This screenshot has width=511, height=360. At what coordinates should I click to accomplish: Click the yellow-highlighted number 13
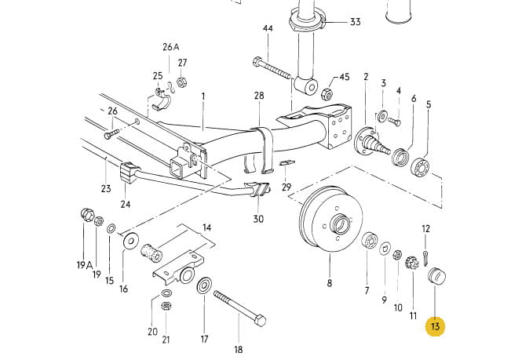point(436,325)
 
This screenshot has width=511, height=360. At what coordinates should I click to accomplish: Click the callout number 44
point(268,28)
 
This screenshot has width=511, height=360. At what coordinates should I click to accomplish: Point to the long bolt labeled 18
point(239,308)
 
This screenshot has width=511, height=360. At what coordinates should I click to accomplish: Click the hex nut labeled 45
point(327,94)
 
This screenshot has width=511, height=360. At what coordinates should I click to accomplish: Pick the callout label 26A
point(171,47)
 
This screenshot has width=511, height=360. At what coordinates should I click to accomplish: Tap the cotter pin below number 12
point(425,258)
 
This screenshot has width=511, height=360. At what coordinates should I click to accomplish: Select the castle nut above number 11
point(411,262)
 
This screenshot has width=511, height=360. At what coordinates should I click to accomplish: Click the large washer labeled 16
point(131,242)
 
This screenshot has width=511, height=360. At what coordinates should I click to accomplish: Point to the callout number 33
point(356,22)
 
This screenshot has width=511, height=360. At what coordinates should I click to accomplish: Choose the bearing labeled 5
point(421,166)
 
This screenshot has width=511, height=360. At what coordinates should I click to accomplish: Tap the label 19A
point(85,265)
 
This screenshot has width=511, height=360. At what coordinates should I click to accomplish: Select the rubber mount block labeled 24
point(127,173)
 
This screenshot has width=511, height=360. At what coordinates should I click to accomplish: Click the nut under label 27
point(181,82)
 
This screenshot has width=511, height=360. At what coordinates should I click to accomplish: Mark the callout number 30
point(258,218)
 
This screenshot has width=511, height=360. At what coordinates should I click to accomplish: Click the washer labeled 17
point(204,285)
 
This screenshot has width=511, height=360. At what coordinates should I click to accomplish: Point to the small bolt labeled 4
point(395,122)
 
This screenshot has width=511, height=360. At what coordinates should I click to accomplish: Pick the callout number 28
point(259,96)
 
